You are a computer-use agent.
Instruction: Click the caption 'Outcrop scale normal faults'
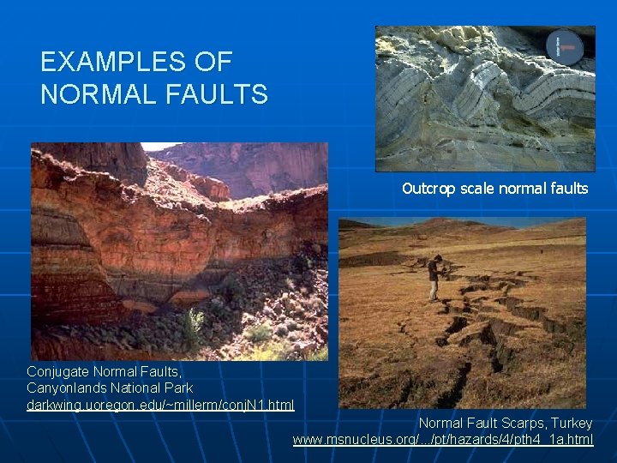tap(494, 189)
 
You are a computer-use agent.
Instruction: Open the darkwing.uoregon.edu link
tap(160, 405)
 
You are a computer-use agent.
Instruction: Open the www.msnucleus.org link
tap(442, 439)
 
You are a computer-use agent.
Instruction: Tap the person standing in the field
tap(435, 277)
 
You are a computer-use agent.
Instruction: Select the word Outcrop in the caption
tap(426, 189)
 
